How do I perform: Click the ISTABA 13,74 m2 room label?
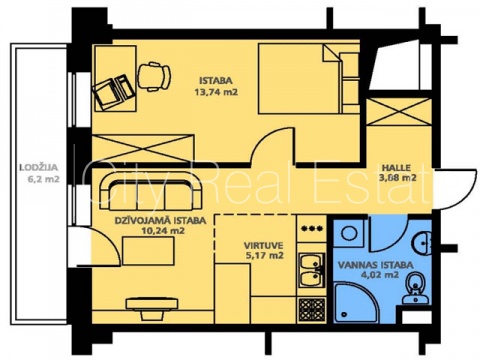click(x=216, y=86)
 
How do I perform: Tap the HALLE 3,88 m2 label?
click(x=398, y=173)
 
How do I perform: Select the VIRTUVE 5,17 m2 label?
click(x=264, y=251)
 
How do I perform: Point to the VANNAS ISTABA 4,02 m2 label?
click(x=376, y=270)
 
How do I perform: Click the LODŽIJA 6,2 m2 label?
click(x=40, y=173)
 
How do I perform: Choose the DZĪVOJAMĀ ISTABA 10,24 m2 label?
click(x=160, y=225)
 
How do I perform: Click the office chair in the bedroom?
click(x=154, y=77)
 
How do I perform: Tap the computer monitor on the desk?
click(x=106, y=94)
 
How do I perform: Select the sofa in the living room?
click(x=150, y=193)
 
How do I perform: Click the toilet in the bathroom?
click(x=415, y=288)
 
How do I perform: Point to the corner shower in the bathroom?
click(x=356, y=303)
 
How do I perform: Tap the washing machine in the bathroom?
click(x=349, y=233)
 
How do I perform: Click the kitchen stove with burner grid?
click(x=312, y=310)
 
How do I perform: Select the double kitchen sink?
click(x=312, y=270)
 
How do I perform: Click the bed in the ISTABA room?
click(x=309, y=79)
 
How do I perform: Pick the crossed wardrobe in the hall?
click(x=399, y=112)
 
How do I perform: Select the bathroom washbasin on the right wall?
click(x=422, y=242)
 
